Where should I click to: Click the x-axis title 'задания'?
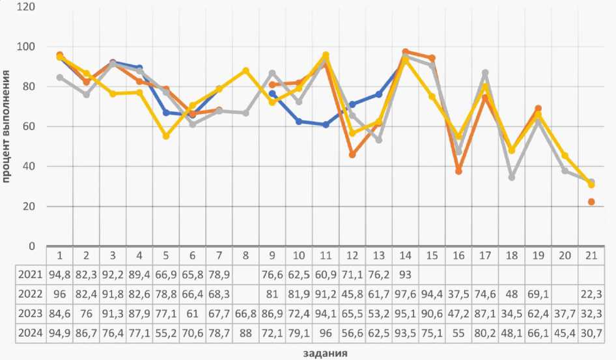pos(324,353)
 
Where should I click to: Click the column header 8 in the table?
pos(245,254)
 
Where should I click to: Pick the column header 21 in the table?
pos(591,254)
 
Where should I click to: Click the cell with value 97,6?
pos(405,294)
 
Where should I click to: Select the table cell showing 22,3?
pos(591,294)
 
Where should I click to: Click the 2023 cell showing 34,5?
pos(512,314)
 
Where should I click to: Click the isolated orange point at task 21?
pos(591,202)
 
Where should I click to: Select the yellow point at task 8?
pos(245,70)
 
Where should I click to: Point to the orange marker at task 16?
pos(458,171)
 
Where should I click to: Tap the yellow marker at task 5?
pos(166,136)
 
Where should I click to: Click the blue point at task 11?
pos(326,124)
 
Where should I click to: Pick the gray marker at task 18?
pos(512,177)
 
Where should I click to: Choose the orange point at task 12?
pos(352,155)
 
